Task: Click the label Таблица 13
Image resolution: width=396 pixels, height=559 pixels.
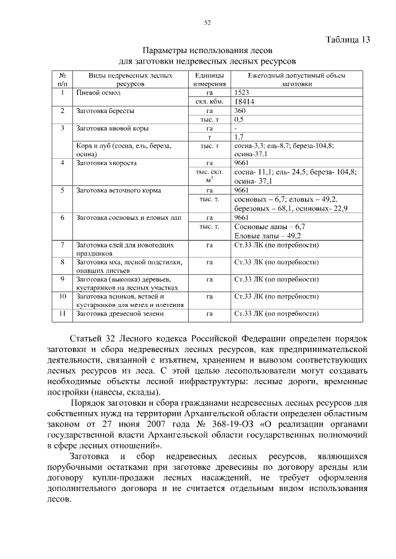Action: click(347, 40)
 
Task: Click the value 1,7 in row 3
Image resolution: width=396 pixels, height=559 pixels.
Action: click(239, 137)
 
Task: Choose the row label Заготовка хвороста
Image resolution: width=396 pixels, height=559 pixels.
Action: click(106, 163)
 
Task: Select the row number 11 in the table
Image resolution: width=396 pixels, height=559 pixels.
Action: click(62, 314)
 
